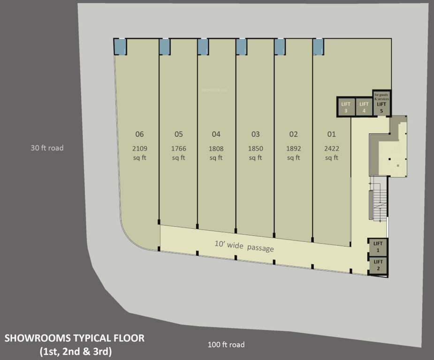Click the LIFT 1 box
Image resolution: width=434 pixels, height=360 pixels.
tap(378, 247)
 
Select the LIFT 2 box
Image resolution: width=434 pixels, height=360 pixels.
tap(378, 265)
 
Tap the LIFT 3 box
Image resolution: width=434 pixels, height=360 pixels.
tap(345, 107)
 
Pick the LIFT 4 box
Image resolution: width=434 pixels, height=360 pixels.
tap(363, 107)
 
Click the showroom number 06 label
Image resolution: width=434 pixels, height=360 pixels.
tap(139, 135)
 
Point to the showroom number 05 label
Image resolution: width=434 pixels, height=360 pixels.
tap(178, 135)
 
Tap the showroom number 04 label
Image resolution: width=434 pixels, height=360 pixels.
tap(216, 135)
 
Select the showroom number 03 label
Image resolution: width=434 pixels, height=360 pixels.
tap(255, 135)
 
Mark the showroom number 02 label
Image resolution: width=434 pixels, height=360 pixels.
tap(293, 135)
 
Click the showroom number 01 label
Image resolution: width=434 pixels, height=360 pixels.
tap(331, 135)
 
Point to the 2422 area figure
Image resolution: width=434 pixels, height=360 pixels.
tap(331, 149)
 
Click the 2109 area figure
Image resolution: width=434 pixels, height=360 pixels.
tap(139, 149)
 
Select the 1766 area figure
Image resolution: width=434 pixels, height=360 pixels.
tap(178, 149)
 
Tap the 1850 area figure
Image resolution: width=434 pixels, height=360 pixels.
tap(255, 149)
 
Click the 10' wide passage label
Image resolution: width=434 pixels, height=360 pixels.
tap(244, 246)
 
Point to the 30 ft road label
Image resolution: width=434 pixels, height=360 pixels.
tap(47, 148)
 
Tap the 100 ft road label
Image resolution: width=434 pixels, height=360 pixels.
tap(226, 345)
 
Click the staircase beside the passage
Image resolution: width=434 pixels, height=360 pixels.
tap(378, 202)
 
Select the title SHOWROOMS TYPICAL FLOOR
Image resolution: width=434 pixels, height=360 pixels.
tap(75, 337)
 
